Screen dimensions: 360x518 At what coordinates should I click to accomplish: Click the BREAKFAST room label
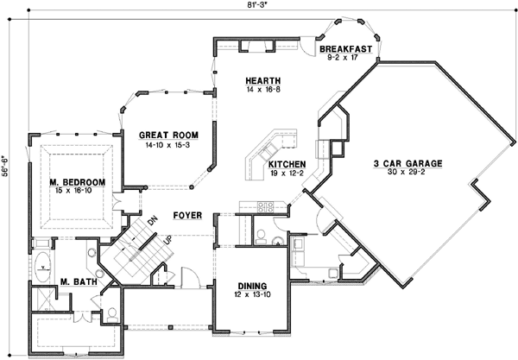(x=345, y=50)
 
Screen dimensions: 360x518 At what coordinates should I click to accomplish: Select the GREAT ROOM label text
(x=169, y=136)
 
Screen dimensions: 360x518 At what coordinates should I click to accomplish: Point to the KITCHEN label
(x=285, y=164)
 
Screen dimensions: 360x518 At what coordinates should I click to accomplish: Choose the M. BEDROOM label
(x=77, y=182)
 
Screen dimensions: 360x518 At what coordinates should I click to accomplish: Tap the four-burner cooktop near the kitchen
(x=264, y=205)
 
